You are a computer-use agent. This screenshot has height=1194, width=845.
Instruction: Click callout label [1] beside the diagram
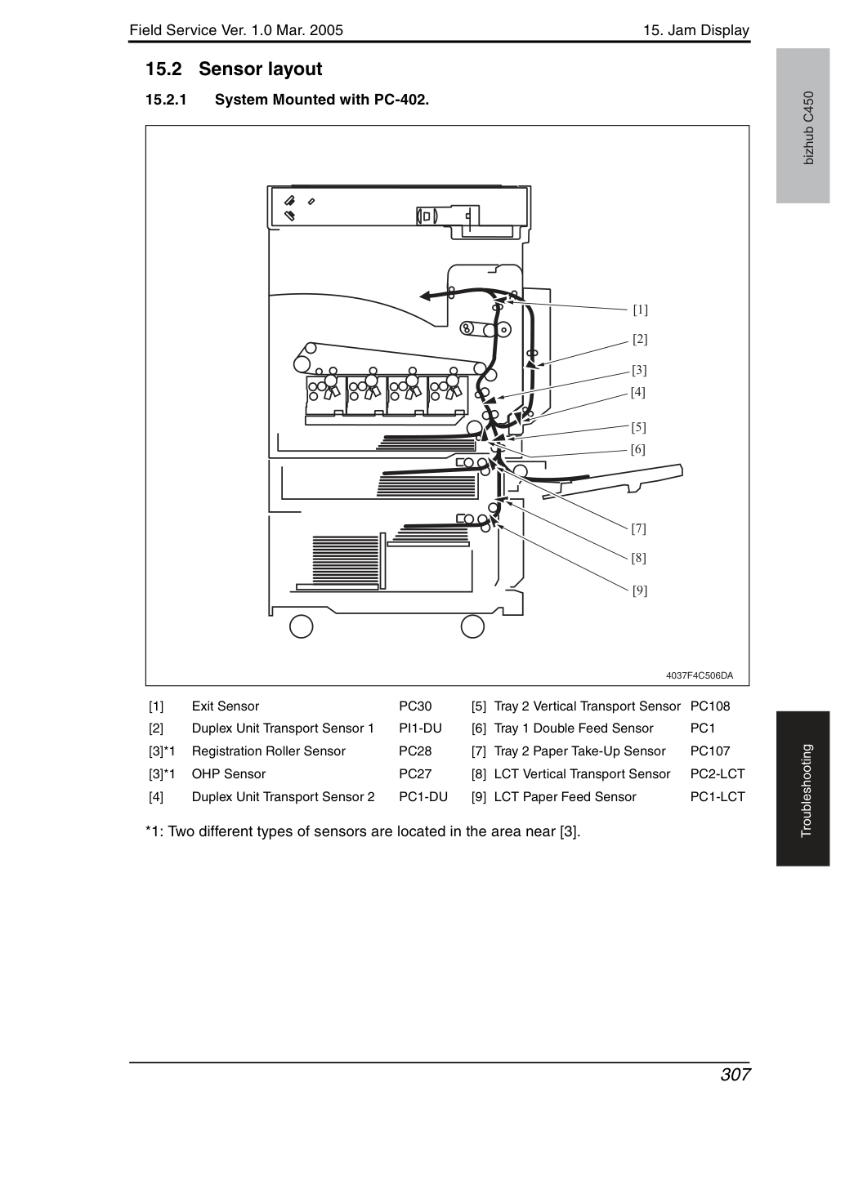(x=640, y=310)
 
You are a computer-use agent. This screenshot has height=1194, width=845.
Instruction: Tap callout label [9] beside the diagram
(x=640, y=590)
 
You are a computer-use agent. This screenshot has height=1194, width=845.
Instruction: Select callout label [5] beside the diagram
(x=638, y=427)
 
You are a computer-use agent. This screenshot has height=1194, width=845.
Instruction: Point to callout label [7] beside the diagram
(x=638, y=528)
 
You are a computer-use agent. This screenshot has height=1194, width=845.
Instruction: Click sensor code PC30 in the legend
(x=415, y=706)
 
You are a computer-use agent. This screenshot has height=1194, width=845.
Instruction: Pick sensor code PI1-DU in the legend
(x=420, y=728)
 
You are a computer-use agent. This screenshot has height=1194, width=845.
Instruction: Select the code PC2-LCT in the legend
(x=717, y=773)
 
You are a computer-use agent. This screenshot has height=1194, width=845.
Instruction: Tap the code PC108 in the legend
(x=710, y=706)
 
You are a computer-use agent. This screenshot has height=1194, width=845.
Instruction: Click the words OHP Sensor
(x=228, y=773)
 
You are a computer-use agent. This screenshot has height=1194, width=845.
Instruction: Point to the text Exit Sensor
(x=225, y=706)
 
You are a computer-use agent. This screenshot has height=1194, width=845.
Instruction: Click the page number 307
(x=735, y=1075)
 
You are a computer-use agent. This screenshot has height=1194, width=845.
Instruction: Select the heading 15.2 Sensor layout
(x=234, y=69)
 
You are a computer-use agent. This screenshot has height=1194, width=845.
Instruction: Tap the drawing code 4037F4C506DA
(x=700, y=675)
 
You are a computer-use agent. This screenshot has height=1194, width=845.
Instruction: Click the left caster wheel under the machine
(x=301, y=626)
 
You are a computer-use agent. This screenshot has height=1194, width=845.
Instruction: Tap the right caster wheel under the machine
(x=472, y=626)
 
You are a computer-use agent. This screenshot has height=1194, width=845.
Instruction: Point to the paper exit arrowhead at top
(x=425, y=296)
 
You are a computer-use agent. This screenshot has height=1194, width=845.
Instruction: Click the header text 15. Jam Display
(x=696, y=30)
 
